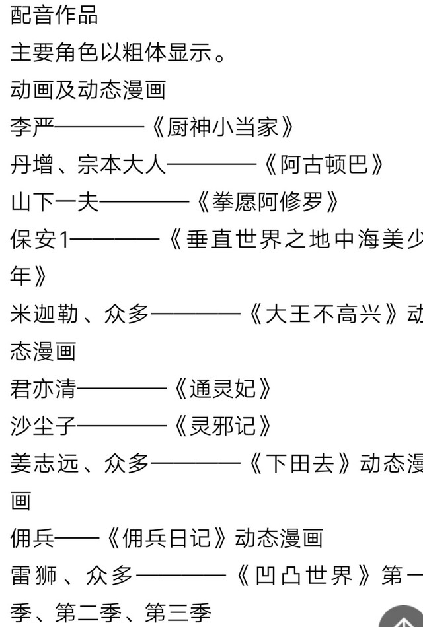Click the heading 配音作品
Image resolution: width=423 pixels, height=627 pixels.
click(x=54, y=15)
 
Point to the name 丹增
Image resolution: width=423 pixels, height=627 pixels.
click(x=32, y=164)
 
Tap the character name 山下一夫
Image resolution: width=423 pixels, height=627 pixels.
click(x=54, y=201)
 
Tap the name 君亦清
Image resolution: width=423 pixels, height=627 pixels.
click(x=43, y=389)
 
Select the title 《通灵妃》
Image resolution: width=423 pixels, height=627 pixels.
click(x=221, y=389)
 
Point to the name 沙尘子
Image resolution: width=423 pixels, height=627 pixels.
click(x=43, y=426)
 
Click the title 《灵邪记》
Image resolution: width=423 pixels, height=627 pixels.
click(x=221, y=426)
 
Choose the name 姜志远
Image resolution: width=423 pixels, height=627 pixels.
click(x=43, y=464)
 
